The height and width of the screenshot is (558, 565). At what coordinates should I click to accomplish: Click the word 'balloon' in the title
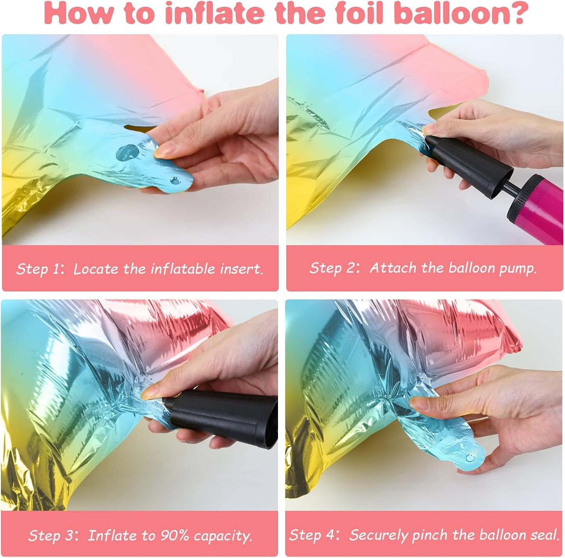point(448,13)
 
